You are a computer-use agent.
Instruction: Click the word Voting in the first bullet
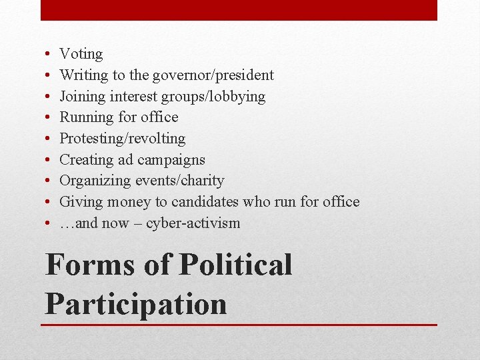tap(81, 54)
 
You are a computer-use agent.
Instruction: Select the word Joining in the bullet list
tap(83, 97)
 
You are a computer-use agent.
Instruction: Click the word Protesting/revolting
tap(123, 139)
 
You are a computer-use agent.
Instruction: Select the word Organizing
tap(95, 181)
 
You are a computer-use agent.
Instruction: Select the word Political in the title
tap(236, 265)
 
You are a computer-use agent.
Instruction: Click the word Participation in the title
tap(136, 303)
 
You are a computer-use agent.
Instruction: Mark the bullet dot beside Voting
tap(50, 55)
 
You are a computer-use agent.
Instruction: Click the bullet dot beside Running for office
tap(50, 118)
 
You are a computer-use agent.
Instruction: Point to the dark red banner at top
tap(239, 10)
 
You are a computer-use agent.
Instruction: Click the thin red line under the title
tap(240, 325)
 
